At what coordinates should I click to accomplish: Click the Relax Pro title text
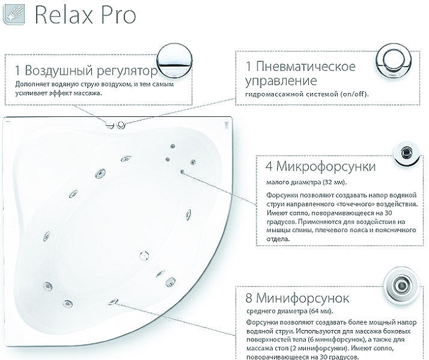[85, 15]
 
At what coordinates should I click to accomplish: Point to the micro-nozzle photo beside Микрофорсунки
[404, 152]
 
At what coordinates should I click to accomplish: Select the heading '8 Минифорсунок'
[297, 298]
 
